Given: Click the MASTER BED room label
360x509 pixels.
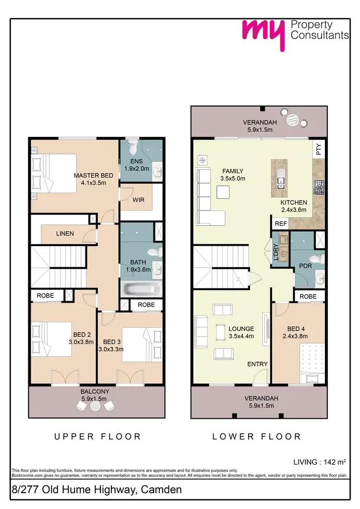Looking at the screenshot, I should [90, 175].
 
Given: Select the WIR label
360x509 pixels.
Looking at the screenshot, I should [139, 200].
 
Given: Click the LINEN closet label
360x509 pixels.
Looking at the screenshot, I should [65, 234].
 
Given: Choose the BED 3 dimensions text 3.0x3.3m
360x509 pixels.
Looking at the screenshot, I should [111, 349].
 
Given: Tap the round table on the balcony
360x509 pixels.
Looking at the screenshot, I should [96, 405].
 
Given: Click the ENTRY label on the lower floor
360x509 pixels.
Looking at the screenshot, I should [257, 364].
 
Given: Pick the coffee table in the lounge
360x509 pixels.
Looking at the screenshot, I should [220, 331].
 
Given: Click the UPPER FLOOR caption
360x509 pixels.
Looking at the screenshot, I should [97, 437].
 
